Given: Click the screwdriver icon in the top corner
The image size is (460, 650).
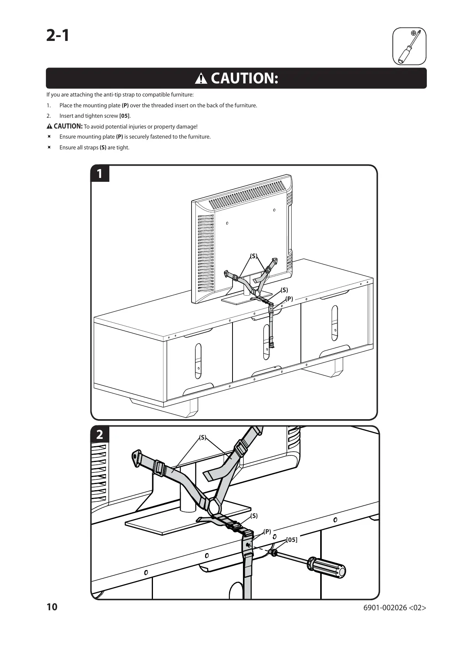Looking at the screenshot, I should click(409, 46).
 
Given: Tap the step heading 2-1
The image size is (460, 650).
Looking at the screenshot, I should click(58, 36).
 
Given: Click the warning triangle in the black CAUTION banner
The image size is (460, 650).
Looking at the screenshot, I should click(201, 79).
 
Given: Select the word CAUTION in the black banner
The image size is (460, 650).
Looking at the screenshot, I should click(244, 78).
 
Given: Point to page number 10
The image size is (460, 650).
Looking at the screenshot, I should click(52, 607).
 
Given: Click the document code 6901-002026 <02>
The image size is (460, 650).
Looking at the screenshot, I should click(395, 608).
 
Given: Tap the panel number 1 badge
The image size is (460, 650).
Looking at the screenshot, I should click(100, 174).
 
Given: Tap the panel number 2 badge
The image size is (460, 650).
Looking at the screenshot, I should click(100, 434).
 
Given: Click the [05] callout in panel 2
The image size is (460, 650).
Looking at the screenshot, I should click(292, 540).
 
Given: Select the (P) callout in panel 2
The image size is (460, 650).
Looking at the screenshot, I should click(267, 532).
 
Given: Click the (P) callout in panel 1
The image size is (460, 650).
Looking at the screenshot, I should click(289, 299).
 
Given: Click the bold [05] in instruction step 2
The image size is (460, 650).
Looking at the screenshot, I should click(124, 116).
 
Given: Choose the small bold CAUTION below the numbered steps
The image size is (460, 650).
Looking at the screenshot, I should click(68, 126).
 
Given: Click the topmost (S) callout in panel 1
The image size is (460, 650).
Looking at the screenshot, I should click(253, 256).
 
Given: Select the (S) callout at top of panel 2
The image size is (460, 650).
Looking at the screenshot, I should click(203, 437).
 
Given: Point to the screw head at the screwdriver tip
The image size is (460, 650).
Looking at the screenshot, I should click(274, 554).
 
